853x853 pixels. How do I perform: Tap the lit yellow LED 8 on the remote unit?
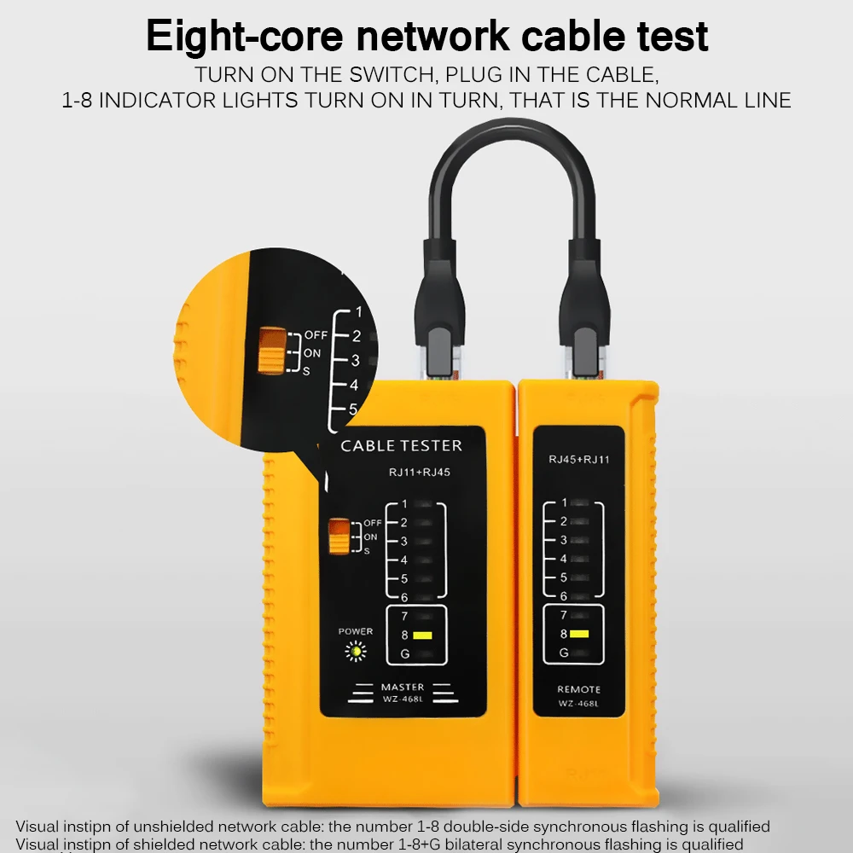pyautogui.click(x=581, y=634)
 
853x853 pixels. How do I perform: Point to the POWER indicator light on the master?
pyautogui.click(x=355, y=653)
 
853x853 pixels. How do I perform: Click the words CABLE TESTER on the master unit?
pyautogui.click(x=401, y=446)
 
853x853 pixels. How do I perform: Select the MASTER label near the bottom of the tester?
pyautogui.click(x=403, y=688)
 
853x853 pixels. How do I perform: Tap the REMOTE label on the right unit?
pyautogui.click(x=578, y=689)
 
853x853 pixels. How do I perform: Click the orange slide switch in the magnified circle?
pyautogui.click(x=270, y=350)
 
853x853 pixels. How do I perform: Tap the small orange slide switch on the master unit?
pyautogui.click(x=339, y=537)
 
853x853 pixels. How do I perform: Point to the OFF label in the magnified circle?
pyautogui.click(x=316, y=335)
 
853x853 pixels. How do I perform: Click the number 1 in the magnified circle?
pyautogui.click(x=358, y=311)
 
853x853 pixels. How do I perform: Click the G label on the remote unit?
pyautogui.click(x=564, y=653)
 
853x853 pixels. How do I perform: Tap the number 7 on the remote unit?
pyautogui.click(x=564, y=615)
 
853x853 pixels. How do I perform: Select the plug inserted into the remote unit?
pyautogui.click(x=588, y=341)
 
